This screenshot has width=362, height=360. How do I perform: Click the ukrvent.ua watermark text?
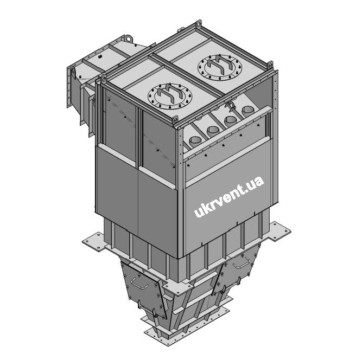click(229, 197)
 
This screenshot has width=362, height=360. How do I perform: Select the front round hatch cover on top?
click(170, 96)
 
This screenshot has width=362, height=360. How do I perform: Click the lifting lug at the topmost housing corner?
click(199, 24)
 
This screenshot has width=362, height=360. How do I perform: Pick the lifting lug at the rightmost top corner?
click(270, 65)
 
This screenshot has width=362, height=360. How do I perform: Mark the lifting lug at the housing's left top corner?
click(104, 79)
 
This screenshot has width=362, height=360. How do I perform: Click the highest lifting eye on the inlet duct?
click(129, 38)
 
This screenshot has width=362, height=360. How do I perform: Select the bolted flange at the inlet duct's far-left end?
click(68, 87)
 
